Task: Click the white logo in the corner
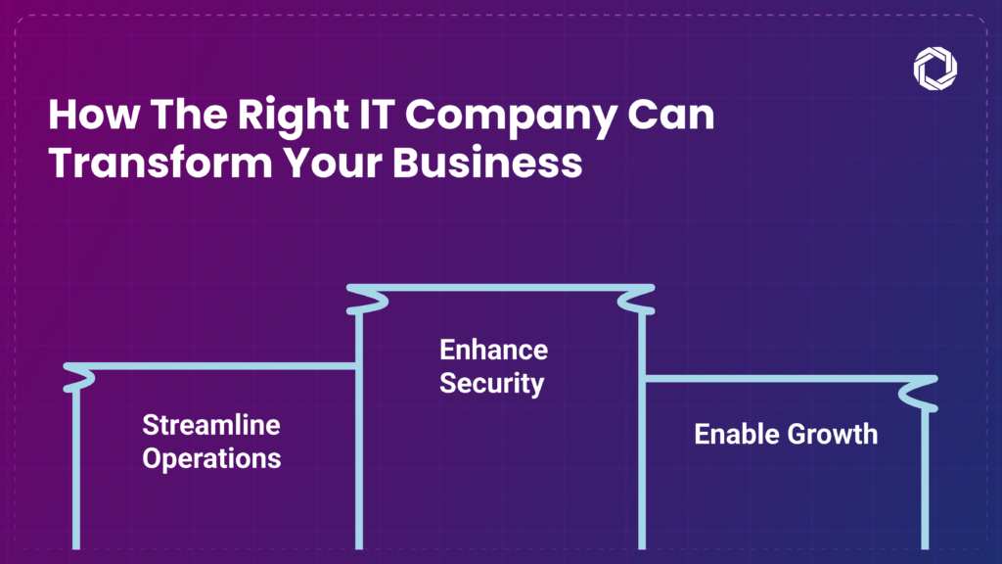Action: coord(934,68)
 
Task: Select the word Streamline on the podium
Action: coord(211,425)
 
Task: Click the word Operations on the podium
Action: coord(211,457)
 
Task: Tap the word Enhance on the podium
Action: coord(493,350)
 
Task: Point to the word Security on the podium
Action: coord(491,382)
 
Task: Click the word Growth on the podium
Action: coord(832,434)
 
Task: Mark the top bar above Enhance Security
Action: coord(499,289)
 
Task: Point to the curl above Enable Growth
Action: coord(922,395)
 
